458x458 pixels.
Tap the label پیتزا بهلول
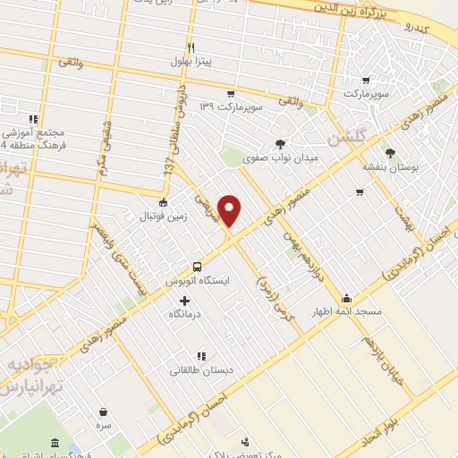click(193, 62)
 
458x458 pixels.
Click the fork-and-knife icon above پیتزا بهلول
click(191, 47)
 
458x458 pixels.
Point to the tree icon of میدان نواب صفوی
click(281, 143)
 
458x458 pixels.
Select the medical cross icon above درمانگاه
click(185, 301)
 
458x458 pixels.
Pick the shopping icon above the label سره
click(104, 413)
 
